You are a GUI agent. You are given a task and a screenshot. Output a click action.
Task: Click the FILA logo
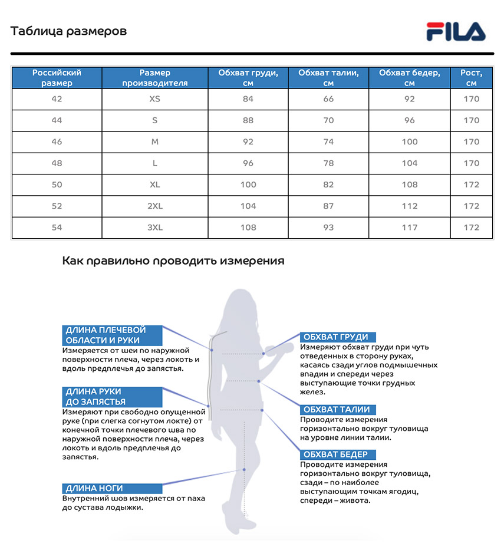point(456,31)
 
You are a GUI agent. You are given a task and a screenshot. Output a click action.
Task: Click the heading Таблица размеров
point(68,31)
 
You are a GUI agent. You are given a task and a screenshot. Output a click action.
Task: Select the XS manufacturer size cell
point(154,99)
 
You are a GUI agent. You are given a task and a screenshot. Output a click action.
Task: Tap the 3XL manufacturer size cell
point(154,228)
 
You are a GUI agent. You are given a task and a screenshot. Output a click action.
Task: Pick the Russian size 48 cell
point(57,163)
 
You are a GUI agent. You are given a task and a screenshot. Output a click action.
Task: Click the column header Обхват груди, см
point(248,78)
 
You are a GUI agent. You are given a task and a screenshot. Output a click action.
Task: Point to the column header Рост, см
point(471,78)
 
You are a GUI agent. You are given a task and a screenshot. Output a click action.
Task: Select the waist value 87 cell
point(328,206)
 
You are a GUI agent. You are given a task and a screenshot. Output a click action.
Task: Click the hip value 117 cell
point(409,228)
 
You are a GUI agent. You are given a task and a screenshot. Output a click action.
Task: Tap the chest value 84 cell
point(248,99)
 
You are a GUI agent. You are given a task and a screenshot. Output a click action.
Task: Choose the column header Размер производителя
point(154,78)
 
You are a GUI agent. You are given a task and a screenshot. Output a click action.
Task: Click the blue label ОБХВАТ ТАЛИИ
point(337,410)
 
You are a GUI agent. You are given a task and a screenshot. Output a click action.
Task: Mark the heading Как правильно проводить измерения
point(173,261)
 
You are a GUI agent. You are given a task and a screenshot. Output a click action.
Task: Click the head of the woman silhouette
point(242,304)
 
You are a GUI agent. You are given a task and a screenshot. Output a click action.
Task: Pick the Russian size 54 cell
point(57,228)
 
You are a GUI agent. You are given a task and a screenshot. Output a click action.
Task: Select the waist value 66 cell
point(328,99)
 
